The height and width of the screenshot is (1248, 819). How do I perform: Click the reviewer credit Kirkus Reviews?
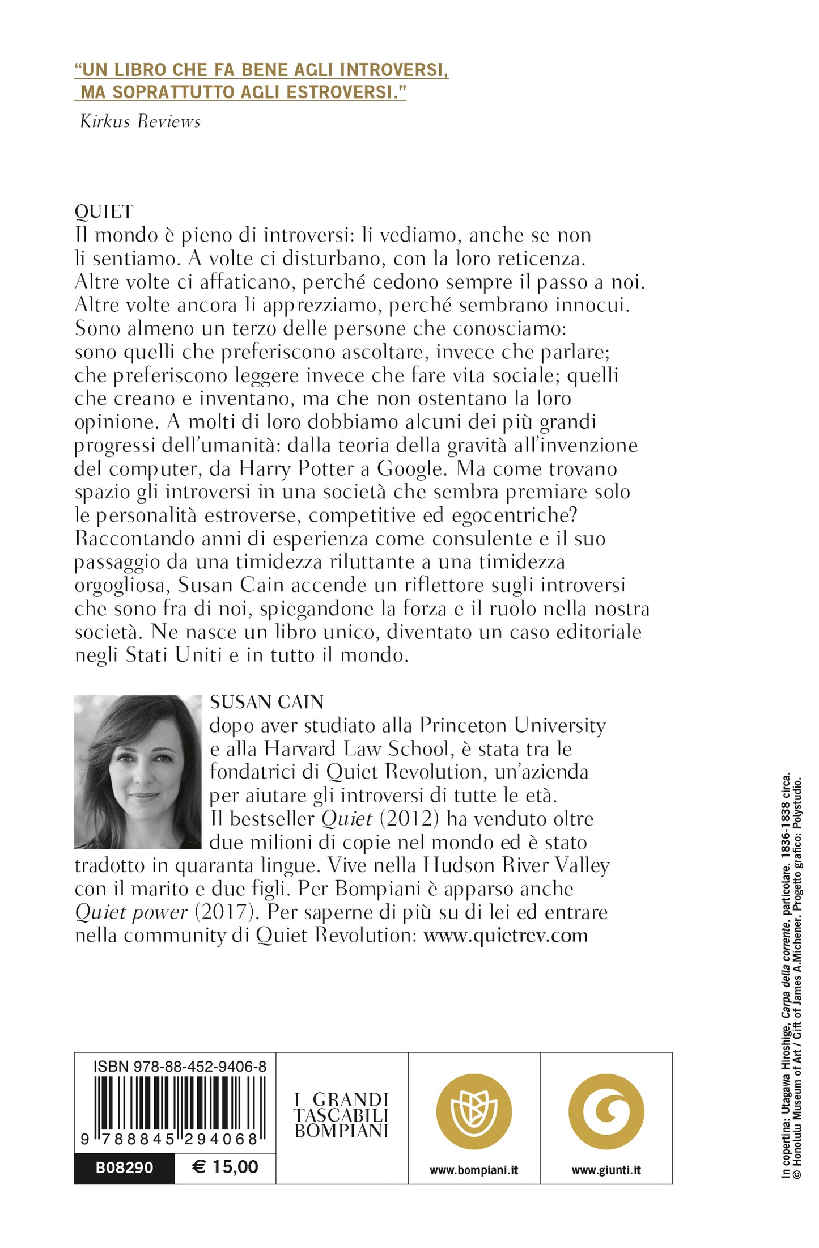[x=140, y=121]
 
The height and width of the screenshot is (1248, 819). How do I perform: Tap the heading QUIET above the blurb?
[x=104, y=211]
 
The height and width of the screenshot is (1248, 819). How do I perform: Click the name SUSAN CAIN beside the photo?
[x=266, y=702]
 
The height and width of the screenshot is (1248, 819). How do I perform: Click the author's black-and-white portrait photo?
[x=138, y=772]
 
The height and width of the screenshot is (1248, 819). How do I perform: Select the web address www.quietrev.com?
[x=506, y=935]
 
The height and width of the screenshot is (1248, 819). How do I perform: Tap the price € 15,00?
[x=225, y=1167]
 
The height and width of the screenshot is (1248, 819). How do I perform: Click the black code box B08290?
[x=124, y=1167]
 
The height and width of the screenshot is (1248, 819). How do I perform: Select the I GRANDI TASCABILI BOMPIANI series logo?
[x=341, y=1115]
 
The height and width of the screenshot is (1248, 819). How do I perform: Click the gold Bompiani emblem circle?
[x=474, y=1111]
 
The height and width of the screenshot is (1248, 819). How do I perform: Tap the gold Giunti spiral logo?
[x=606, y=1111]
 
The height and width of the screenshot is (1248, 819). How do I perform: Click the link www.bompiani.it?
[x=474, y=1170]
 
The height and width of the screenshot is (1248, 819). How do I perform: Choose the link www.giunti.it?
[x=606, y=1170]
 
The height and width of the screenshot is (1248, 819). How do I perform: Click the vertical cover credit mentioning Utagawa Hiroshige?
[x=786, y=975]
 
